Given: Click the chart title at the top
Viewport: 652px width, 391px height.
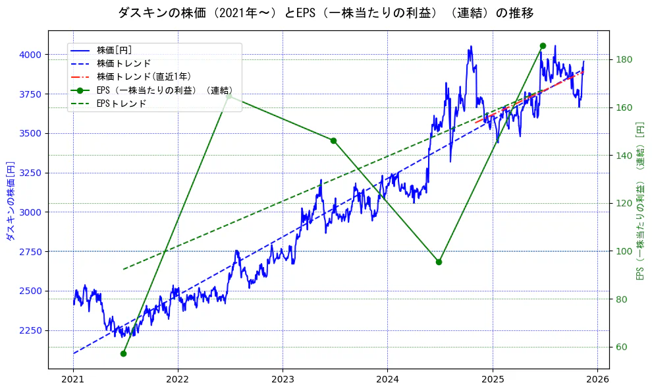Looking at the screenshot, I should click(x=325, y=13).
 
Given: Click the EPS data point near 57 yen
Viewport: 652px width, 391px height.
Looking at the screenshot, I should click(x=123, y=353).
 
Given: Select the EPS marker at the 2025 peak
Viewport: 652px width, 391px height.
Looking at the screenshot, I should click(x=543, y=45).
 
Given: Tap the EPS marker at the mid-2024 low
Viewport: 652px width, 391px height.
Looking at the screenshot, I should click(x=439, y=262).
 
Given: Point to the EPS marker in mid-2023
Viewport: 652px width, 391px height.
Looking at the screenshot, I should click(x=333, y=140).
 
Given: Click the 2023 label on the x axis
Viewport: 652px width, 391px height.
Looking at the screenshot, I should click(x=283, y=380).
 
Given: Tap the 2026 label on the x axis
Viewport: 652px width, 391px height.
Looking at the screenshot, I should click(x=597, y=380).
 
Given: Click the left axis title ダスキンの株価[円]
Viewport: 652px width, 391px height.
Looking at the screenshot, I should click(x=10, y=200).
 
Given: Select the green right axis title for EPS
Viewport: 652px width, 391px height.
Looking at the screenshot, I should click(x=639, y=200).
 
